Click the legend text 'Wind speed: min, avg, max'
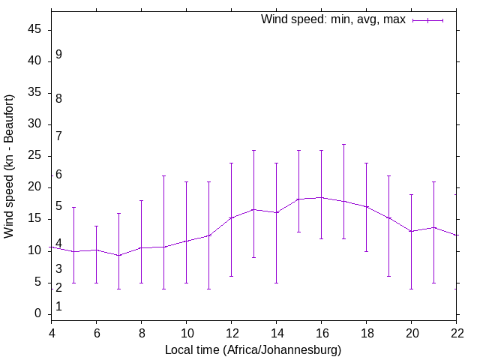click(333, 19)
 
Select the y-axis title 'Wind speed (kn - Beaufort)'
click(9, 166)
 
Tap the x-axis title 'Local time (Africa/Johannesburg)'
click(253, 350)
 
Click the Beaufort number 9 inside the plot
click(58, 55)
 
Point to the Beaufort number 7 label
click(58, 136)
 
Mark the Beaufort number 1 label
click(58, 307)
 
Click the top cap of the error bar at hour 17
click(343, 144)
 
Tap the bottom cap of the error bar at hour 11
click(208, 289)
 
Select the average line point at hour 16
click(321, 197)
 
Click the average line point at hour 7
click(118, 256)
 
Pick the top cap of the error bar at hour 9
click(163, 175)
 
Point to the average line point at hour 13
click(253, 209)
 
